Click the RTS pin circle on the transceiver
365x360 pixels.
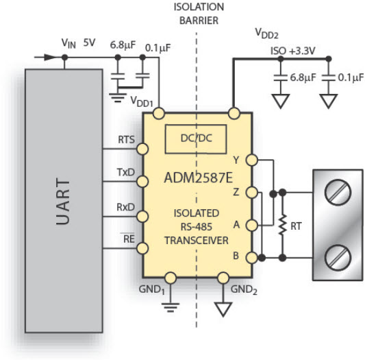pyautogui.click(x=142, y=149)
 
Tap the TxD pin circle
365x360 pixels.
pyautogui.click(x=142, y=182)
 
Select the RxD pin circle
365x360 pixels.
pyautogui.click(x=142, y=217)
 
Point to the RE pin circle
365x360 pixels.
pyautogui.click(x=142, y=248)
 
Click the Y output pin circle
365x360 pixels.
pyautogui.click(x=252, y=160)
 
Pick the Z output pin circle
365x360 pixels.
pyautogui.click(x=252, y=193)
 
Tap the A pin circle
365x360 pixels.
pyautogui.click(x=252, y=226)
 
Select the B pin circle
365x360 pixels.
pyautogui.click(x=252, y=258)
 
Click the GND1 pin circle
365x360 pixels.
pyautogui.click(x=171, y=278)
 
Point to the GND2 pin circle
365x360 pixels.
pyautogui.click(x=223, y=278)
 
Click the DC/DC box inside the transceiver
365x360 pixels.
pyautogui.click(x=196, y=139)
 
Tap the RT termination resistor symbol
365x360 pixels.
pyautogui.click(x=283, y=225)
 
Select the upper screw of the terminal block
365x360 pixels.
pyautogui.click(x=338, y=193)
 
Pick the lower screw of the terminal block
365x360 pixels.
pyautogui.click(x=338, y=257)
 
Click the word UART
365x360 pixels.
pyautogui.click(x=63, y=202)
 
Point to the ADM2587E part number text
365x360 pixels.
pyautogui.click(x=199, y=178)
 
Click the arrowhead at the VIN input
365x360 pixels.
pyautogui.click(x=50, y=57)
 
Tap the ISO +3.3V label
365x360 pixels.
pyautogui.click(x=293, y=51)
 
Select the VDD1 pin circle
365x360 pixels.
pyautogui.click(x=159, y=114)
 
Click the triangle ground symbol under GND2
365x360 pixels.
pyautogui.click(x=223, y=309)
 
